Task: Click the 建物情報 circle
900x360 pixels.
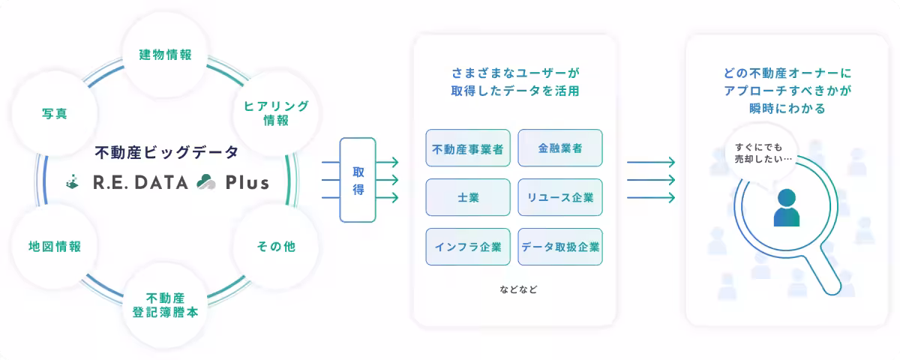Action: tap(165, 54)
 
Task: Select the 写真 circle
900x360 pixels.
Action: tap(55, 113)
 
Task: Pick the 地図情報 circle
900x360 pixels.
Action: tap(55, 246)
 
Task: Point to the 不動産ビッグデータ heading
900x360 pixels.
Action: tap(166, 153)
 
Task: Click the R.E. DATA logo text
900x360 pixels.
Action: tap(139, 182)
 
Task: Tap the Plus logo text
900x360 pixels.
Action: tap(243, 182)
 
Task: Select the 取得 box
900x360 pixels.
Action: tap(358, 180)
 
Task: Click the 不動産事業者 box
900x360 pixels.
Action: tap(468, 149)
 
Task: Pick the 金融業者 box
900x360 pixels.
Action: tap(559, 149)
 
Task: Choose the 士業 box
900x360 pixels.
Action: tap(468, 198)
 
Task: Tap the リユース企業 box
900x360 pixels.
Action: tap(559, 198)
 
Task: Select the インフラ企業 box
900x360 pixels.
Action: tap(468, 247)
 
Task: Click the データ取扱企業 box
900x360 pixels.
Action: tap(559, 247)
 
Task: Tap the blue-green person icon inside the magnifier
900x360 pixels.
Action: tap(787, 208)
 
